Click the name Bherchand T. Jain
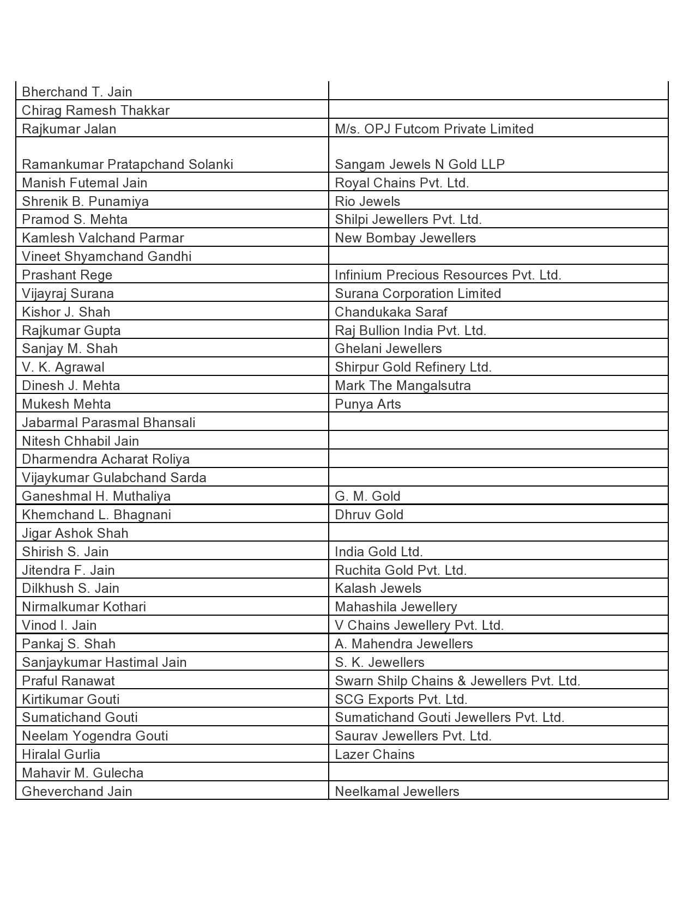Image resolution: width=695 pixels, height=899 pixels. (77, 92)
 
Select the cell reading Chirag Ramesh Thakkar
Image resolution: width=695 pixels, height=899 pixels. (95, 111)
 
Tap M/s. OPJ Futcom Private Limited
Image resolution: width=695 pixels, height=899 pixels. (434, 129)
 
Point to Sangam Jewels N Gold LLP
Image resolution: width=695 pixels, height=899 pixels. (420, 165)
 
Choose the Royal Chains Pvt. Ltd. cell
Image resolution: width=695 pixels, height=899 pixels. (402, 183)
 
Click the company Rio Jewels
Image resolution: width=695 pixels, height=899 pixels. (367, 202)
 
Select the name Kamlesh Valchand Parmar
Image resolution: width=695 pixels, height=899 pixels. (102, 238)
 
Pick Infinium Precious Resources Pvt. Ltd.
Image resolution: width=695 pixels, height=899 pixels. (448, 275)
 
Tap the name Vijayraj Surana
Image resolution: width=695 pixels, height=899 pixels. (68, 294)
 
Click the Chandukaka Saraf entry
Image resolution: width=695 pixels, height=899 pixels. (391, 312)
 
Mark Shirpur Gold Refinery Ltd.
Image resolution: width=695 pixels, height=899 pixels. (413, 367)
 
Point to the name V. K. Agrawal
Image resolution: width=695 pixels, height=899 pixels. (63, 367)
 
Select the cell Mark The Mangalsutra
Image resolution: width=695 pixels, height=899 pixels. (403, 386)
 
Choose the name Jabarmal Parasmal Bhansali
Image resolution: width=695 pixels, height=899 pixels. (108, 423)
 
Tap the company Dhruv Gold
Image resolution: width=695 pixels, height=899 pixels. (369, 515)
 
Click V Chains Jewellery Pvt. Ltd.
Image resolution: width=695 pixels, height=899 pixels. (419, 625)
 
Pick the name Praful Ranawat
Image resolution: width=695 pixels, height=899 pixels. (68, 681)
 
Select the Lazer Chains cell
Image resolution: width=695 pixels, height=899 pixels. (374, 755)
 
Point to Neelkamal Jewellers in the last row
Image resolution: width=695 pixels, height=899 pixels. (397, 792)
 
